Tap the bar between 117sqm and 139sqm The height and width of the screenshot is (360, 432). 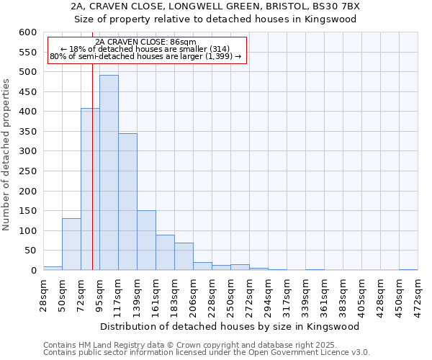tap(127, 202)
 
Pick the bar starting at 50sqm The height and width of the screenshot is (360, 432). tap(71, 244)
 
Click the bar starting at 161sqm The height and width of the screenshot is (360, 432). tap(165, 253)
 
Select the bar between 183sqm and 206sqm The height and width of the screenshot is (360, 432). tap(184, 256)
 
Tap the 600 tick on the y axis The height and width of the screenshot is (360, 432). tap(27, 32)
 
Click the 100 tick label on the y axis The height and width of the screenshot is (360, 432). tap(27, 231)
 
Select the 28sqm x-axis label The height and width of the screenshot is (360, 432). tap(44, 291)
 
